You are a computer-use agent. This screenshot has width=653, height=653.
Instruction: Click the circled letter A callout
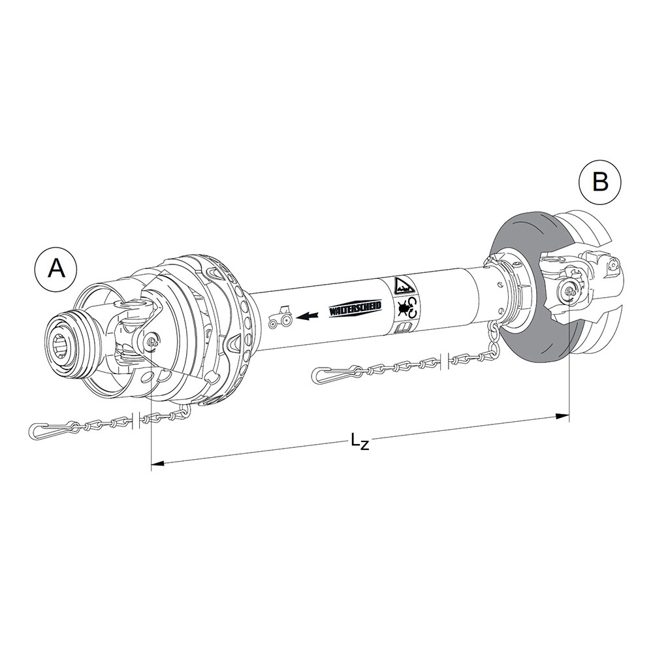coord(56,269)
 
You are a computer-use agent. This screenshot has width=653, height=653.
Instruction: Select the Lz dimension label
coord(360,441)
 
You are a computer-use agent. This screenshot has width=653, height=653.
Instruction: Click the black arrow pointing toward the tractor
coord(308,316)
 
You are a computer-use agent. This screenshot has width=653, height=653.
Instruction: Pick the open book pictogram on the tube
coord(403,328)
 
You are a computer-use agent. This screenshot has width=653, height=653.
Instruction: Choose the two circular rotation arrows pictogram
coord(411,308)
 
